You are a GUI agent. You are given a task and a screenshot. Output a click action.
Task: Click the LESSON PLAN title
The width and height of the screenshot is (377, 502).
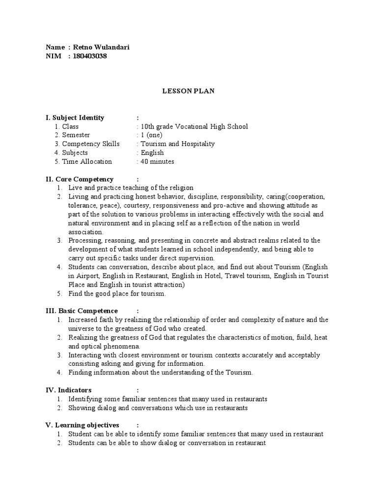coord(188,91)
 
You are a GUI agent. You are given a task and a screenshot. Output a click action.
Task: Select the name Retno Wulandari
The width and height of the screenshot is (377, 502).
coord(101,47)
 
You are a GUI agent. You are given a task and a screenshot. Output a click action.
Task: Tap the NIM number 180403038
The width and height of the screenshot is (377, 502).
coord(90,56)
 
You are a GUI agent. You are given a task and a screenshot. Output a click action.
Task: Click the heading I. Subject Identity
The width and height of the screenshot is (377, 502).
coord(75,118)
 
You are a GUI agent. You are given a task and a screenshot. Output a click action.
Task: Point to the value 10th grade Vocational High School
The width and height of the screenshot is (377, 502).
coord(194,126)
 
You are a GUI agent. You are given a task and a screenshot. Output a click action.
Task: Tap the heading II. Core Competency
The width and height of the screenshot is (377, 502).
coord(80,179)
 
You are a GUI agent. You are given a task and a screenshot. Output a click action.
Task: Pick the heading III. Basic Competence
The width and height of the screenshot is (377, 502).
coord(81,311)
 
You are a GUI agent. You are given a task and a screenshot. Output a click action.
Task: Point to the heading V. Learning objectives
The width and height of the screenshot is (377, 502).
coord(82,425)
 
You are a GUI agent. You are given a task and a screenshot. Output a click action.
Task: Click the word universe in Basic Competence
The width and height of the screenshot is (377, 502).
coord(81,328)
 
